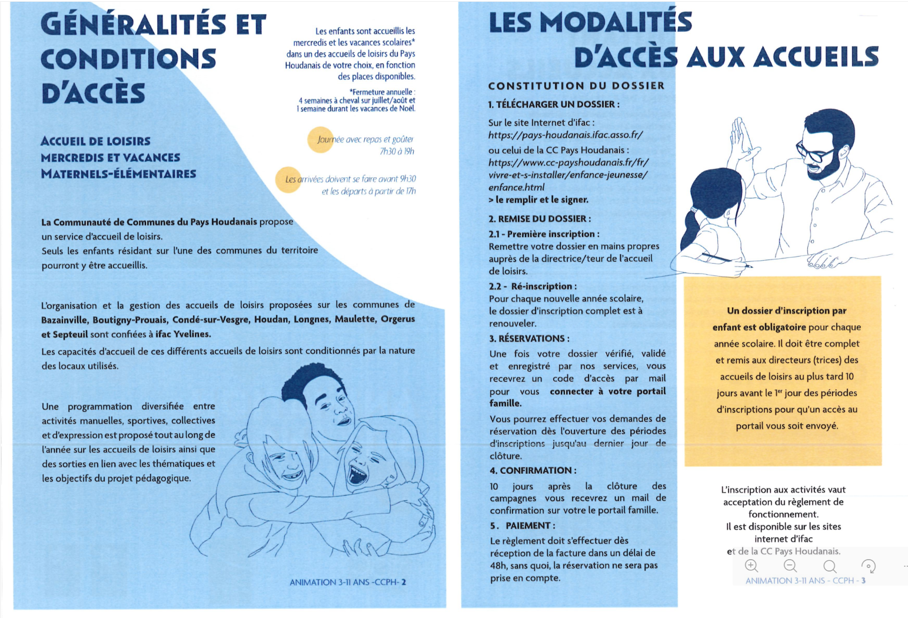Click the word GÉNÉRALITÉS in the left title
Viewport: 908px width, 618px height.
[134, 25]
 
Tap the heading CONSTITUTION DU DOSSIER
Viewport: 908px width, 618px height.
[576, 86]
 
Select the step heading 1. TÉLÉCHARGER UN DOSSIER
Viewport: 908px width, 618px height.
[553, 104]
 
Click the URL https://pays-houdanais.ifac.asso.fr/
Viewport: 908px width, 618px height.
[565, 135]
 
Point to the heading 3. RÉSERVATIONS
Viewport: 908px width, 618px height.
[529, 338]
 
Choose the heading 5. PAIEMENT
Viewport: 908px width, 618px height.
[522, 526]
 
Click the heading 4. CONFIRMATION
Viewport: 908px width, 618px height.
[533, 470]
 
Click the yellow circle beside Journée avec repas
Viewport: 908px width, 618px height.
[321, 139]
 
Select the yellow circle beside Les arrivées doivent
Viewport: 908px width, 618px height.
[288, 180]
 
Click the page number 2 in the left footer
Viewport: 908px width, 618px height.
[404, 582]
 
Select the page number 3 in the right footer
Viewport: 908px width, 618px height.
[863, 580]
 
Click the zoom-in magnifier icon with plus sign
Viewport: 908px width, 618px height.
[751, 566]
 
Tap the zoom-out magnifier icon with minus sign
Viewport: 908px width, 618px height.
[790, 566]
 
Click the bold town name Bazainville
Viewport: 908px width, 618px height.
[65, 320]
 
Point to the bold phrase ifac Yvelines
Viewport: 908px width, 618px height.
[182, 334]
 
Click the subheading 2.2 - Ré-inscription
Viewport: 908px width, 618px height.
[532, 286]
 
